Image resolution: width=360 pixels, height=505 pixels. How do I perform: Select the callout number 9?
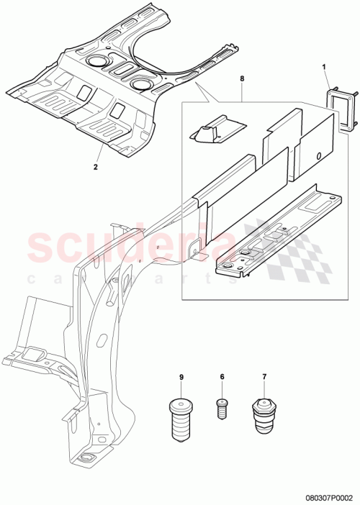(181, 378)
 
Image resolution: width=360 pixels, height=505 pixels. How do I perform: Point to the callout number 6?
(222, 378)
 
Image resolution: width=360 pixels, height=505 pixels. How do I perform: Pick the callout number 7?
(264, 378)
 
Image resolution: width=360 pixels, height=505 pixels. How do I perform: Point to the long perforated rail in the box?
(274, 230)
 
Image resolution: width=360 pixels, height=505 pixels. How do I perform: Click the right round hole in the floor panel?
(141, 85)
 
